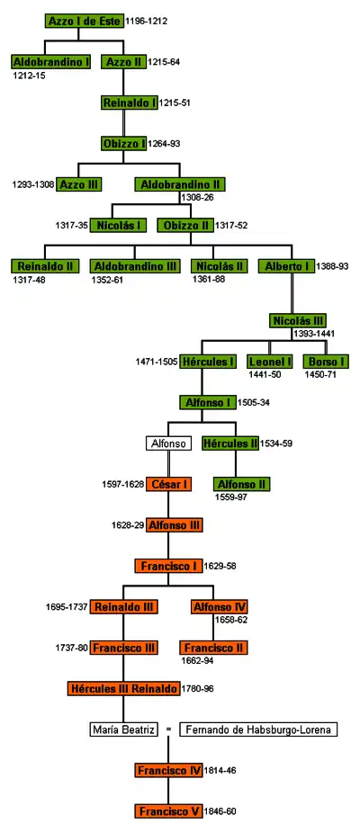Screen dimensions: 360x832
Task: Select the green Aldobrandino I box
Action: pos(51,61)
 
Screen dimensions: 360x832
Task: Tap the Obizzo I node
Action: pos(124,143)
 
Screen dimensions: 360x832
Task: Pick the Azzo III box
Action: pos(79,184)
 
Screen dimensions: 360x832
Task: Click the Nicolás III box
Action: pos(298,320)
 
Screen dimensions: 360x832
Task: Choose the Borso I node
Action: pos(326,362)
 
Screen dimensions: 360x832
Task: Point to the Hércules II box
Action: pos(230,443)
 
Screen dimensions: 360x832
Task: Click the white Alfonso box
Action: pos(168,443)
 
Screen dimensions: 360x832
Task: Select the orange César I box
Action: pos(168,484)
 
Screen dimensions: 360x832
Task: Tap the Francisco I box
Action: pos(168,566)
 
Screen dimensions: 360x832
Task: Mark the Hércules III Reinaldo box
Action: pos(123,689)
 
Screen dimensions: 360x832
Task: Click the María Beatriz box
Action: pos(123,729)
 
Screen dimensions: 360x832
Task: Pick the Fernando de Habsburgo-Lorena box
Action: pos(258,729)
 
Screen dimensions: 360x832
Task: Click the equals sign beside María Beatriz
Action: pos(168,729)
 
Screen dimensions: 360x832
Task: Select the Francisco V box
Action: pos(168,811)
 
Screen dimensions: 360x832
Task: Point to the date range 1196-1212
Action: pos(146,22)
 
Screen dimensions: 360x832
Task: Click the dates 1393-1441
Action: pos(314,334)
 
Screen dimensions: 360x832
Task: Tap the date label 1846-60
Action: pos(220,811)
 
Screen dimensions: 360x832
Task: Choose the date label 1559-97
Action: pos(231,497)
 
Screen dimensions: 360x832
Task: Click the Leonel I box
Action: pos(269,362)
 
